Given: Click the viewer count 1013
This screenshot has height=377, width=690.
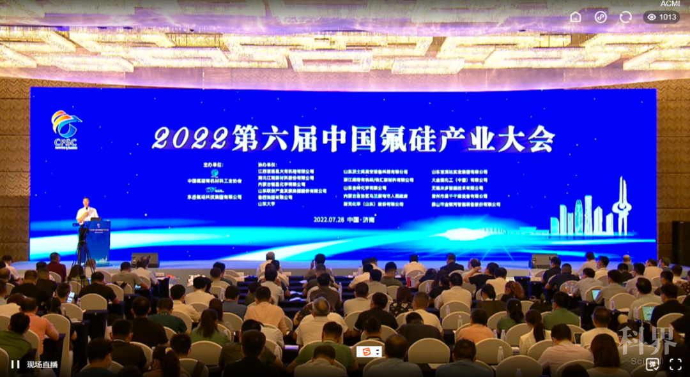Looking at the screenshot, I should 662,17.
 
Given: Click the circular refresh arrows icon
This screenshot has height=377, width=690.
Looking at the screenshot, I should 625,17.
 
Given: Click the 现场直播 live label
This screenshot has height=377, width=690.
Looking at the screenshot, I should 42,365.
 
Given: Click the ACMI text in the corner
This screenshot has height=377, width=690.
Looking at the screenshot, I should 670,3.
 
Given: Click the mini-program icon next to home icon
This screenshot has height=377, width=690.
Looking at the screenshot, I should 601,17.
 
